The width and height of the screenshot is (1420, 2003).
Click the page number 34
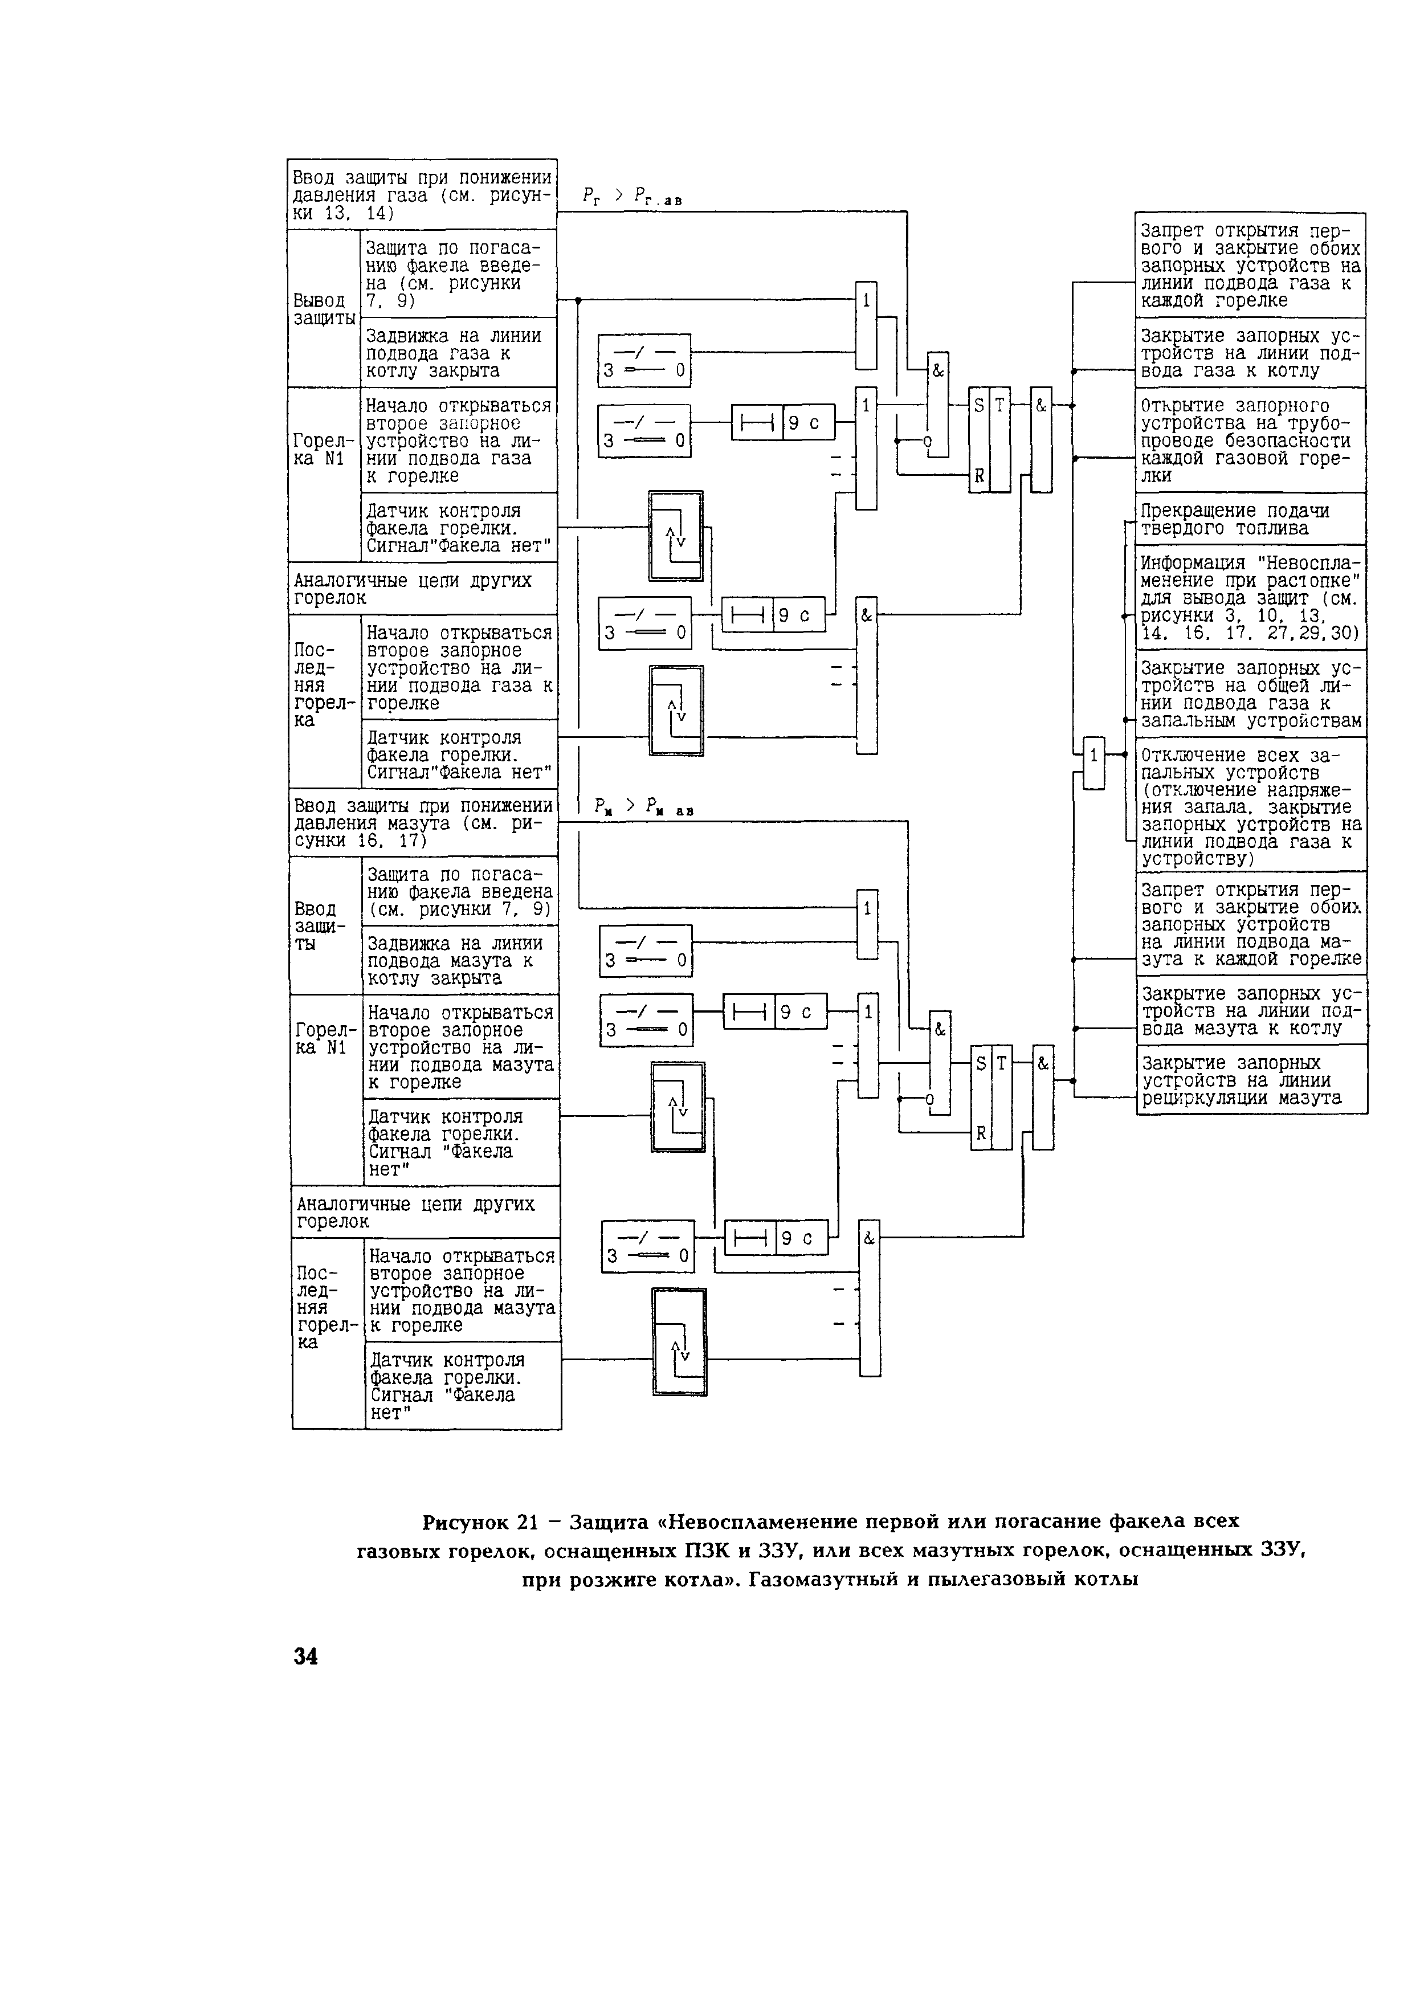pos(306,1656)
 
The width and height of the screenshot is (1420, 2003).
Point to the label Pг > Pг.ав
pos(631,198)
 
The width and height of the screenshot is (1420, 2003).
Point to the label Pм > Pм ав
pos(643,807)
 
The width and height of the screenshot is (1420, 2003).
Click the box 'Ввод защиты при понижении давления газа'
pos(422,194)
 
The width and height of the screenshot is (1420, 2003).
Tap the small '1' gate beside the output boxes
pos(1093,763)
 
